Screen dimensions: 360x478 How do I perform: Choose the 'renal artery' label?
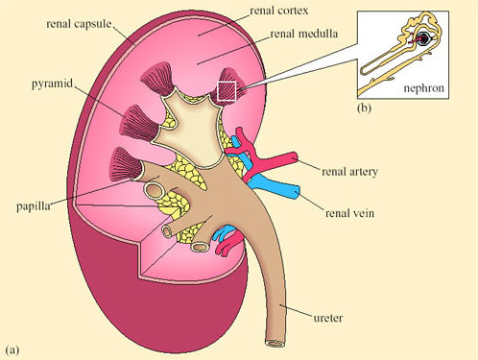tap(350, 172)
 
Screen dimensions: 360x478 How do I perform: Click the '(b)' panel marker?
tap(365, 108)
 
